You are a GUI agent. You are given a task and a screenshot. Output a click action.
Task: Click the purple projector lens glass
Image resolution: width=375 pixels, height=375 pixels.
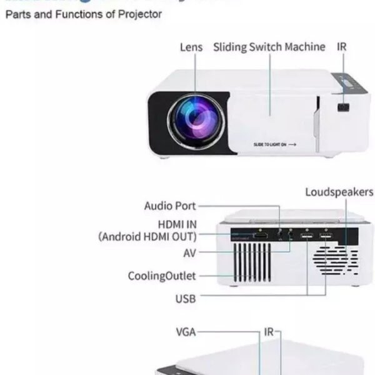coord(192,117)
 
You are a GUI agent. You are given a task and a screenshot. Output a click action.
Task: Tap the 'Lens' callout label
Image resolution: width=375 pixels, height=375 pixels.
coord(191,47)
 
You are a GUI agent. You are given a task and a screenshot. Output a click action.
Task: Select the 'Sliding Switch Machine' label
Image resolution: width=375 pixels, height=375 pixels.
coord(269,47)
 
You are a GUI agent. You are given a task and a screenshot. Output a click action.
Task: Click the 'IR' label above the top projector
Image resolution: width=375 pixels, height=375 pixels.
coord(342,47)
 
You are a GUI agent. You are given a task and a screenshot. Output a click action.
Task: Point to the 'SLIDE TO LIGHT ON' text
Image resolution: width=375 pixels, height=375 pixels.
coord(270,144)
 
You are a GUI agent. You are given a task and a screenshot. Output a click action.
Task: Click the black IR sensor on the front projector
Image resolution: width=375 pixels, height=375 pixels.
coord(342,107)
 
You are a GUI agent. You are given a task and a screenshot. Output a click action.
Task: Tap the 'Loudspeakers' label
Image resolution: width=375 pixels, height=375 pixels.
coord(339,192)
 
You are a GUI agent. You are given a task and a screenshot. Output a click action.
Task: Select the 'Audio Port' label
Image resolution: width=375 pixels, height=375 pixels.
coord(170,206)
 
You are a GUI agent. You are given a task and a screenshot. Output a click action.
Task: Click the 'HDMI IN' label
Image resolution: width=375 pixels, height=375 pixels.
coord(177,223)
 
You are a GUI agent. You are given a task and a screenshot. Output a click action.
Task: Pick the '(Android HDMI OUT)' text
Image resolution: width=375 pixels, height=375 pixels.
coord(147,236)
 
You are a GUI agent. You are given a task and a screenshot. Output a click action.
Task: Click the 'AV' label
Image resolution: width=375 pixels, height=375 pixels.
coord(190,253)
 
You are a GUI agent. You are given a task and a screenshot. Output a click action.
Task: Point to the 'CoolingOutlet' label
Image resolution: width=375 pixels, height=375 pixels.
coord(162,276)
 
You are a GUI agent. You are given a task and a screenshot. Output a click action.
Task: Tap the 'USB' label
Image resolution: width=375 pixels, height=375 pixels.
coord(186,299)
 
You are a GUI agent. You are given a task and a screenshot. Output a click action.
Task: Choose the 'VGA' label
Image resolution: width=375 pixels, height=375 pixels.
coord(185,332)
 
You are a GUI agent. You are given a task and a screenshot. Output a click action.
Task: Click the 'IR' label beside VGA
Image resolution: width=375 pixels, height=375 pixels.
coord(269,332)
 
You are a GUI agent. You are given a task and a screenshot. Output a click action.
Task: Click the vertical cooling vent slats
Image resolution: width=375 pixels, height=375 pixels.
coord(252,261)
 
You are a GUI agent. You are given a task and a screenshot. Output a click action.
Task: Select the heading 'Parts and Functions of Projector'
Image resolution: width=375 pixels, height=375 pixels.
coord(84,13)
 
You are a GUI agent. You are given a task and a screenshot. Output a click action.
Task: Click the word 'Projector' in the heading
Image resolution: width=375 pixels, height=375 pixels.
coord(141,13)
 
